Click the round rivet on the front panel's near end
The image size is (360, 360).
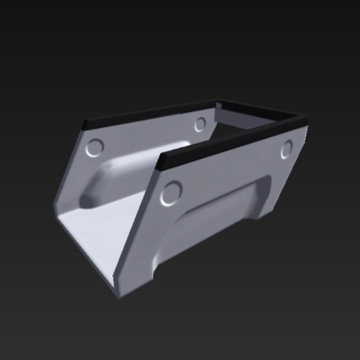pyautogui.click(x=171, y=193)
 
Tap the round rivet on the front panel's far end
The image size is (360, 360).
pyautogui.click(x=286, y=149)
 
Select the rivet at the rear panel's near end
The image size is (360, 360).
pyautogui.click(x=95, y=148)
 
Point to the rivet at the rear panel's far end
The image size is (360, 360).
pyautogui.click(x=200, y=124)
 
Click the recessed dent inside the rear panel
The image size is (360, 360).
pyautogui.click(x=133, y=173)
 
